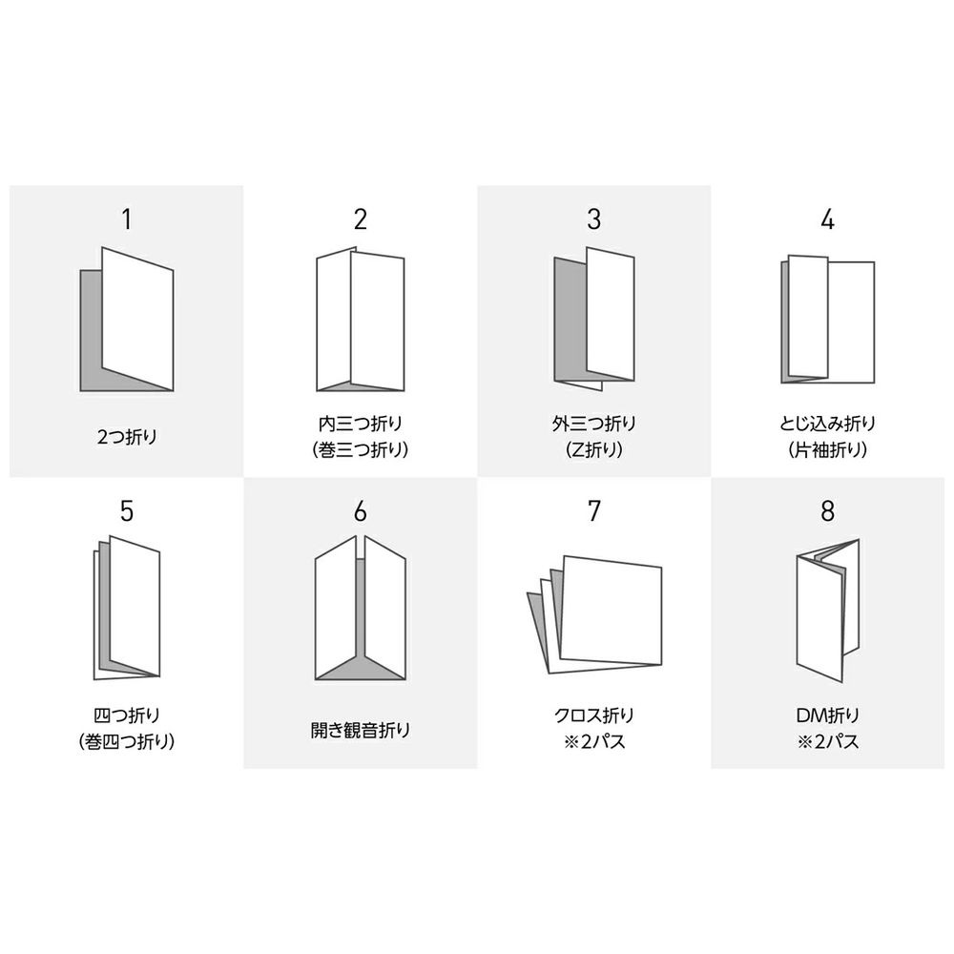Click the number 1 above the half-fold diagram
pyautogui.click(x=127, y=219)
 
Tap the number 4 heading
pyautogui.click(x=827, y=219)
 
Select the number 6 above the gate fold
pyautogui.click(x=361, y=511)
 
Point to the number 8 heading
pyautogui.click(x=827, y=511)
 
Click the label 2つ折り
pyautogui.click(x=127, y=436)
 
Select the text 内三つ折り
pyautogui.click(x=361, y=423)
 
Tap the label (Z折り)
pyautogui.click(x=593, y=449)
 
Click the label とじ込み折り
pyautogui.click(x=827, y=423)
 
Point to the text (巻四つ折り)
pyautogui.click(x=127, y=741)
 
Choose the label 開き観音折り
pyautogui.click(x=361, y=730)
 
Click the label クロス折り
pyautogui.click(x=593, y=715)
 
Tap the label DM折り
pyautogui.click(x=827, y=715)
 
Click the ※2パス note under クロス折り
pyautogui.click(x=593, y=741)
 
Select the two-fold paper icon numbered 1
pyautogui.click(x=127, y=319)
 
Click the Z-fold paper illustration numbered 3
pyautogui.click(x=593, y=319)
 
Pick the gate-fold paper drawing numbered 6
pyautogui.click(x=361, y=608)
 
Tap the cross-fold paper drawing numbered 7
pyautogui.click(x=593, y=614)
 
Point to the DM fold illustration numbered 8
pyautogui.click(x=827, y=611)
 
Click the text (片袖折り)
pyautogui.click(x=827, y=449)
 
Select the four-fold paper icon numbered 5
pyautogui.click(x=127, y=608)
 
